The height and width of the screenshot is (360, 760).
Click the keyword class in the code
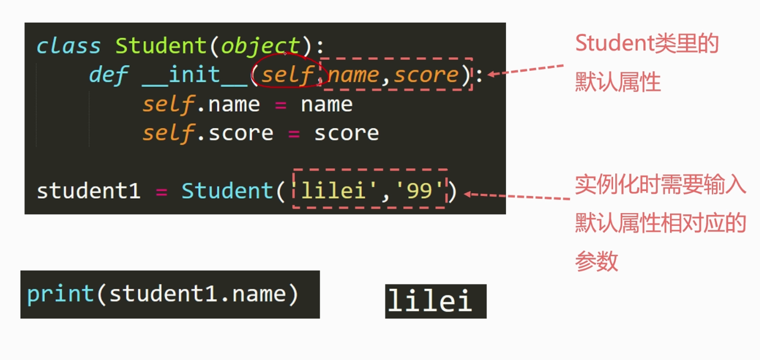click(x=68, y=46)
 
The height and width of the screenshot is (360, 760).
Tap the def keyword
click(x=109, y=75)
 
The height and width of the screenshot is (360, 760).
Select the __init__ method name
click(x=194, y=75)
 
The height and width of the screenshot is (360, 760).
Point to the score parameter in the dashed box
click(x=426, y=75)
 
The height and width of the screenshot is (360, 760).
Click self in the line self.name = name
click(x=168, y=104)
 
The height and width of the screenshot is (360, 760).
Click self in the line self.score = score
click(x=168, y=133)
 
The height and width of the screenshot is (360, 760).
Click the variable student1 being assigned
click(x=88, y=191)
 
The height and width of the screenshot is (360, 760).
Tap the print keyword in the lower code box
click(x=60, y=294)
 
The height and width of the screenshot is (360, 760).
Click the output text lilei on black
click(x=430, y=301)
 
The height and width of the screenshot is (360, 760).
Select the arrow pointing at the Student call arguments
click(x=516, y=195)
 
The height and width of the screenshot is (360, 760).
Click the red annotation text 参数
click(x=597, y=261)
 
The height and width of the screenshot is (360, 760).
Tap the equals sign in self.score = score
click(x=294, y=133)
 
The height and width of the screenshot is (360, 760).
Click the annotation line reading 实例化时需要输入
click(x=661, y=186)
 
